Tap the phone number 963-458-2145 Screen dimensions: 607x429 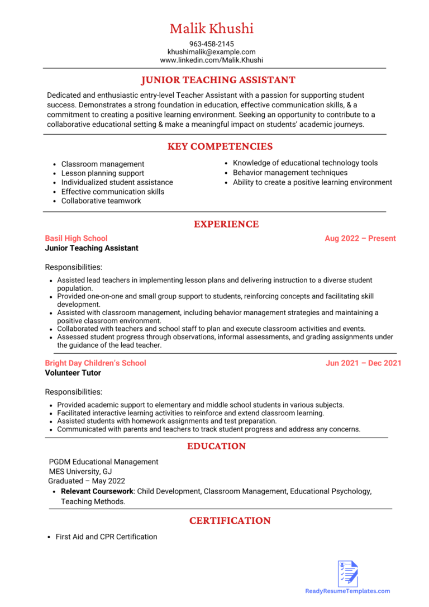[211, 44]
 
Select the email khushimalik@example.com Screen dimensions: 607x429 [211, 52]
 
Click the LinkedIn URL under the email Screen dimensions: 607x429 [211, 60]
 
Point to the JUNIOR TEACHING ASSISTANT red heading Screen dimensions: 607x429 [218, 80]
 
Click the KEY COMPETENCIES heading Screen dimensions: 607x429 [220, 146]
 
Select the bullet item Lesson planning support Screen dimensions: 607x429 [102, 173]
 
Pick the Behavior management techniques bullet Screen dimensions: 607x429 [290, 173]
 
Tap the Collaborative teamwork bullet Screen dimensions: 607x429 [101, 201]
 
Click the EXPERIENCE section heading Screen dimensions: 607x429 [226, 224]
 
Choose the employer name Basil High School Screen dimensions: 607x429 [76, 238]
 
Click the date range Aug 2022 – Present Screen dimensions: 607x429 [360, 238]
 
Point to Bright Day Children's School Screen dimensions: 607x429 [96, 363]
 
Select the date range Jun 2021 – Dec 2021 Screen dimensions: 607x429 [363, 363]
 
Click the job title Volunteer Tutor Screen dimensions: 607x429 [73, 373]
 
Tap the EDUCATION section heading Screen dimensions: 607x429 [216, 446]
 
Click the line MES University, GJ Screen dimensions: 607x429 [80, 471]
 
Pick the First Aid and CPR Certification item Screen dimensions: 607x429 [106, 537]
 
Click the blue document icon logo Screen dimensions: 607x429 [347, 573]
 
